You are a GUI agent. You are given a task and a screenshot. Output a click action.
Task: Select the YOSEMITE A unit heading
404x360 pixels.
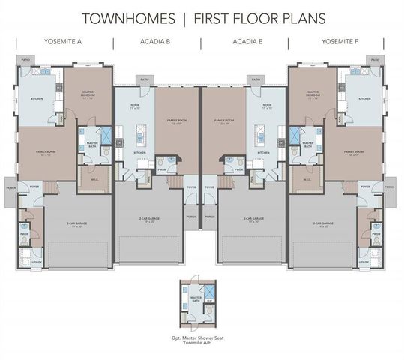[x=63, y=43]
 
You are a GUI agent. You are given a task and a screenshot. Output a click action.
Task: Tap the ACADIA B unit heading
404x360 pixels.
[x=155, y=43]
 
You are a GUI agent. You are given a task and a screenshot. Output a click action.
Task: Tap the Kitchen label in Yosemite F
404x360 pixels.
[x=364, y=98]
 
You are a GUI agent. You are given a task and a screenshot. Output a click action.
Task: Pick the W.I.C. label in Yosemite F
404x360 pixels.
[x=307, y=178]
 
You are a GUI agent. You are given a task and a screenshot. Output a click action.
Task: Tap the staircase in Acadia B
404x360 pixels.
[x=175, y=183]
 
